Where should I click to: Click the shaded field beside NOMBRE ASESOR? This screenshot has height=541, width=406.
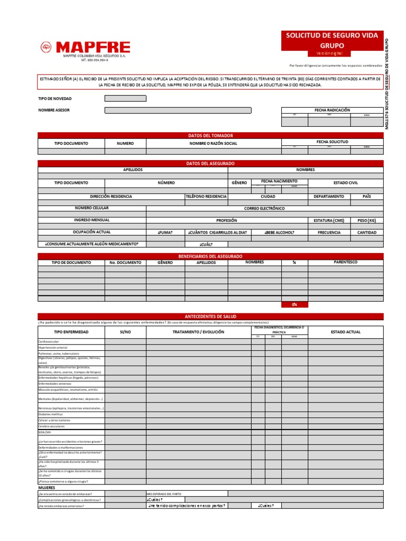(178, 110)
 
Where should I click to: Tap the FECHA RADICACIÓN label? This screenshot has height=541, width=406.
(332, 110)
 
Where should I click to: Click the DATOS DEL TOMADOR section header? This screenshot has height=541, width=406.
(210, 136)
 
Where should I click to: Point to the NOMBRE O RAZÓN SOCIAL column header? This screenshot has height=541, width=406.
(214, 143)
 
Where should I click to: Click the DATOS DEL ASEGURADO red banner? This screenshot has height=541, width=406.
(210, 164)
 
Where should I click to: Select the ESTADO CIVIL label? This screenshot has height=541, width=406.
(345, 183)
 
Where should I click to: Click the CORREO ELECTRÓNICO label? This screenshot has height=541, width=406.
(264, 209)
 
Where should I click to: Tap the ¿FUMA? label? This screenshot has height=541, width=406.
(165, 232)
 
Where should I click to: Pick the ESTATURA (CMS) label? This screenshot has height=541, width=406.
(328, 220)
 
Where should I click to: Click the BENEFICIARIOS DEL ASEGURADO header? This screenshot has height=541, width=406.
(210, 256)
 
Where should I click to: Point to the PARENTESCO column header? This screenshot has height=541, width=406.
(345, 262)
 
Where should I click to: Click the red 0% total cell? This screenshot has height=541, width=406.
(294, 304)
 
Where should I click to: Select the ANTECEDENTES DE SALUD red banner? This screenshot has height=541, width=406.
(210, 316)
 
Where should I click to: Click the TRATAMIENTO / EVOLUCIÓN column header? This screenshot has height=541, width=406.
(198, 332)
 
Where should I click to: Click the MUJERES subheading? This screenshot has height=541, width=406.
(47, 488)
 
